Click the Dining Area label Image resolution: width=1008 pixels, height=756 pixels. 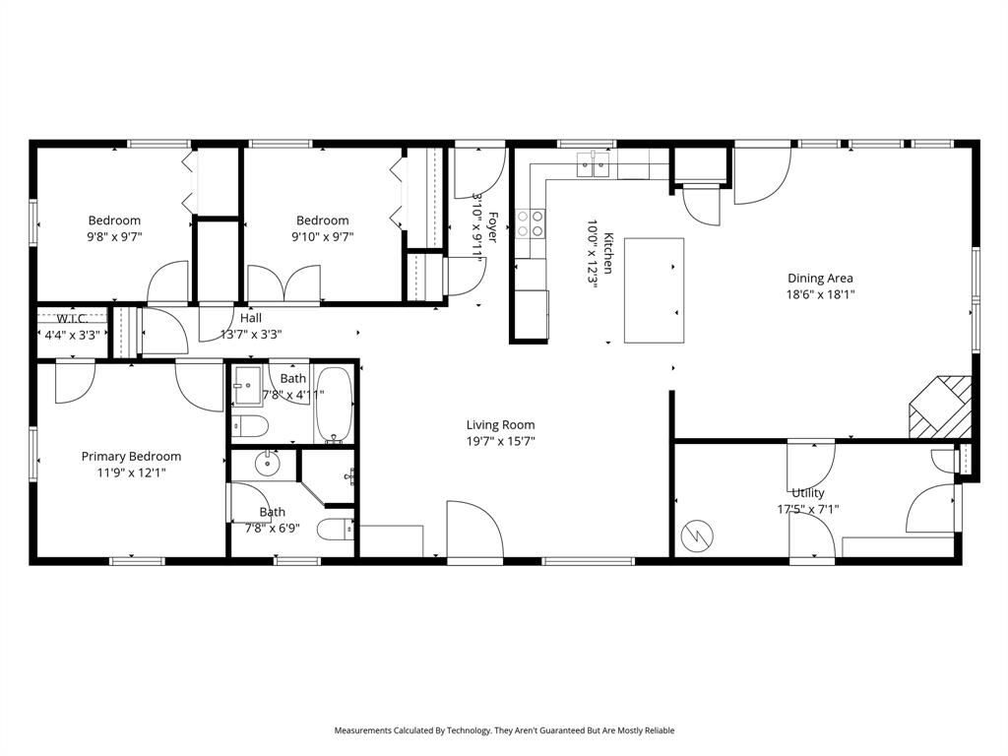(819, 279)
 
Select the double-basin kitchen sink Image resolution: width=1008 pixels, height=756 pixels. (594, 164)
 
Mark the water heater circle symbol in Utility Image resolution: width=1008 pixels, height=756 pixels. (697, 536)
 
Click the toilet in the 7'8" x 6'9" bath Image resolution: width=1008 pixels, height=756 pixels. (335, 531)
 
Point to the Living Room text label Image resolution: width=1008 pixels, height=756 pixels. (500, 425)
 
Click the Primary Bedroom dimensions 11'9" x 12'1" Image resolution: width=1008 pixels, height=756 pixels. (131, 472)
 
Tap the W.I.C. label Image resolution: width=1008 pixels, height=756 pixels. (72, 319)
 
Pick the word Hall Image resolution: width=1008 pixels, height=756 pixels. (251, 318)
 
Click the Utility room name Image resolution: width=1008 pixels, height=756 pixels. (807, 493)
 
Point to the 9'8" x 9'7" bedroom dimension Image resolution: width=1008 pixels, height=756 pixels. (114, 236)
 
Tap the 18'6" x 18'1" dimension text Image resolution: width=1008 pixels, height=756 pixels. (819, 294)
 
